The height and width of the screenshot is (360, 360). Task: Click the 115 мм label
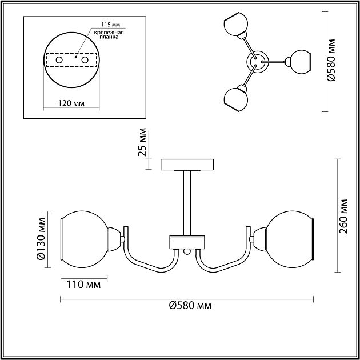[111, 25]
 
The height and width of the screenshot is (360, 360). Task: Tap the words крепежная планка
[109, 35]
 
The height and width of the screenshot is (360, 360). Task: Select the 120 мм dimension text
[71, 103]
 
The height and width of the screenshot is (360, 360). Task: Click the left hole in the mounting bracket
[59, 60]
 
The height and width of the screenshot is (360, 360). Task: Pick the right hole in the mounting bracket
[85, 60]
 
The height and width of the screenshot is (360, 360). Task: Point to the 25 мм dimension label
[142, 142]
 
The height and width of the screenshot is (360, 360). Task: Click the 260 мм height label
[343, 216]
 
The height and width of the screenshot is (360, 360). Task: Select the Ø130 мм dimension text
[41, 239]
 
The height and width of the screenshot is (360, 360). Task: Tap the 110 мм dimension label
[83, 285]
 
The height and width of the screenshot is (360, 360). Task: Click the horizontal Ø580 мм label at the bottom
[190, 306]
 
